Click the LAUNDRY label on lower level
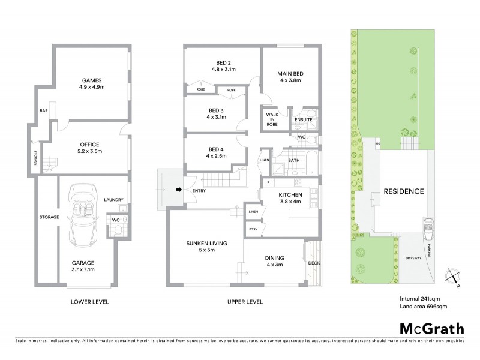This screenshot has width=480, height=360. tap(113, 200)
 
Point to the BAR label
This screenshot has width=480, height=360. tap(44, 111)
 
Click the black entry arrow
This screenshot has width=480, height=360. tap(178, 191)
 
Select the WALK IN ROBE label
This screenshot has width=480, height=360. tap(272, 119)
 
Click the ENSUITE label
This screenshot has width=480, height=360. tap(303, 120)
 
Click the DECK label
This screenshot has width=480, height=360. tap(314, 263)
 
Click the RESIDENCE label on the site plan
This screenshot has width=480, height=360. tap(404, 192)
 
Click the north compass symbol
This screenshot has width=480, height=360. tap(454, 278)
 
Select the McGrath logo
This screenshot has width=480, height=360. tap(431, 328)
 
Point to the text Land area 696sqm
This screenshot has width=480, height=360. tap(423, 307)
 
